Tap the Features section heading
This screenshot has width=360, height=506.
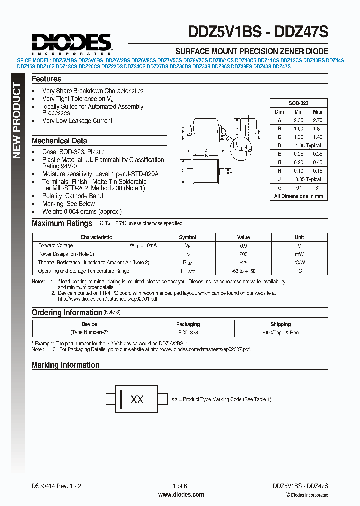click(x=46, y=79)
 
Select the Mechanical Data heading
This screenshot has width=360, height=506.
click(x=59, y=141)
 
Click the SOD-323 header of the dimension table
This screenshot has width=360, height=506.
click(x=298, y=103)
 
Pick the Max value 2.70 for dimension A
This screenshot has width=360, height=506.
click(x=317, y=120)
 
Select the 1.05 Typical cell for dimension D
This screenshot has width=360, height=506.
click(x=308, y=146)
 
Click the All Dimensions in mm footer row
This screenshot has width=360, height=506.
click(x=298, y=196)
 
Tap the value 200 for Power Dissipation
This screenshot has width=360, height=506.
click(x=243, y=254)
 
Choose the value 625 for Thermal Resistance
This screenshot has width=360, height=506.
click(x=243, y=262)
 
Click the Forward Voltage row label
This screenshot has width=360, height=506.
click(x=55, y=246)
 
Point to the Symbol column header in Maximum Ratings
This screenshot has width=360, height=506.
click(x=187, y=237)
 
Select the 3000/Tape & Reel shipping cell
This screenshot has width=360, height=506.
click(x=280, y=332)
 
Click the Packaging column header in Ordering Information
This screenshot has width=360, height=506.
click(x=188, y=324)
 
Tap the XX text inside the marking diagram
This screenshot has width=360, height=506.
click(x=137, y=400)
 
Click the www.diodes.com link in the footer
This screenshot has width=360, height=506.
click(x=181, y=495)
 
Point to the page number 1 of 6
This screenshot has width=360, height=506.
click(x=180, y=486)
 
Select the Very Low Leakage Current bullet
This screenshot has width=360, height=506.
click(x=77, y=121)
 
